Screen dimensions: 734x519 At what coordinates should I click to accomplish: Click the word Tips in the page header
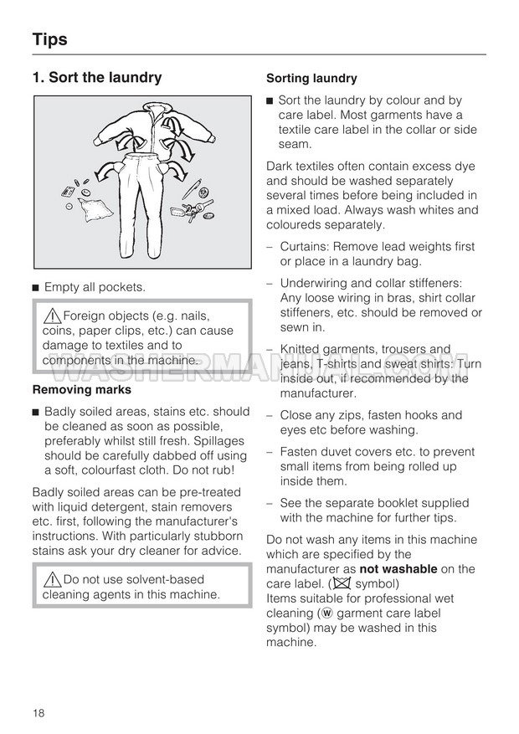(x=49, y=39)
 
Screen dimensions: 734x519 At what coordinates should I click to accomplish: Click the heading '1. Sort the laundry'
(x=96, y=78)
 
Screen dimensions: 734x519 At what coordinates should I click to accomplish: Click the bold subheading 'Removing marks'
(x=81, y=389)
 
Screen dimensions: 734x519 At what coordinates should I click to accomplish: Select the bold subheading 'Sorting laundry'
(x=311, y=79)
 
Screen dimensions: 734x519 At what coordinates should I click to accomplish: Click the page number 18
(x=39, y=712)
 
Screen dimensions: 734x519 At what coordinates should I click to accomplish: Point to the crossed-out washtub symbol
(x=341, y=583)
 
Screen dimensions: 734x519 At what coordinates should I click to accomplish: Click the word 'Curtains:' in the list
(x=306, y=247)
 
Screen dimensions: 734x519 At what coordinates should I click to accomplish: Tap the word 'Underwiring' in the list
(x=315, y=283)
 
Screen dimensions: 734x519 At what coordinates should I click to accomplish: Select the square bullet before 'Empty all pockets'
(x=36, y=288)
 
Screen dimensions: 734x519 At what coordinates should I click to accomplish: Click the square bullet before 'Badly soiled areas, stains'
(x=36, y=412)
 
